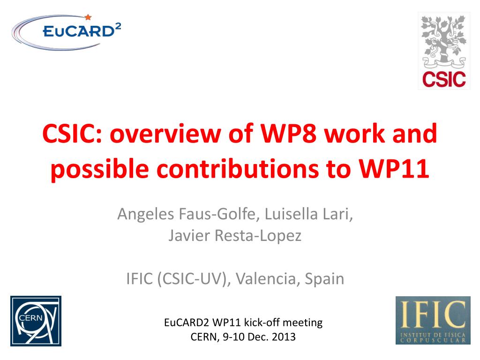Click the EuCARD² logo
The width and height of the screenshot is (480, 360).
pyautogui.click(x=66, y=32)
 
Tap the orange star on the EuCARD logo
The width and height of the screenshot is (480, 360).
pyautogui.click(x=88, y=17)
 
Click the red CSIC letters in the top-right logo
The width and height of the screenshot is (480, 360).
pyautogui.click(x=444, y=79)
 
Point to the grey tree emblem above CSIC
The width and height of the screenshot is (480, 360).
pyautogui.click(x=444, y=42)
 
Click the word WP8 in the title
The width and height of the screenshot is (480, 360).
pyautogui.click(x=288, y=134)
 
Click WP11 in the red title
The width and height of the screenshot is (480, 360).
pyautogui.click(x=394, y=169)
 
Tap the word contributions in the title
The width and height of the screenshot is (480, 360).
pyautogui.click(x=238, y=169)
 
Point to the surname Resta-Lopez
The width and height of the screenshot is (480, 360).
pyautogui.click(x=258, y=236)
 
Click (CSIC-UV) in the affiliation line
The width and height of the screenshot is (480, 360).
pyautogui.click(x=194, y=279)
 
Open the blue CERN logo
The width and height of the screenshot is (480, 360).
pyautogui.click(x=36, y=321)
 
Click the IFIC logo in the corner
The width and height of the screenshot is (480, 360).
pyautogui.click(x=433, y=320)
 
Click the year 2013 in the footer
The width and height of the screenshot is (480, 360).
pyautogui.click(x=284, y=337)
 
